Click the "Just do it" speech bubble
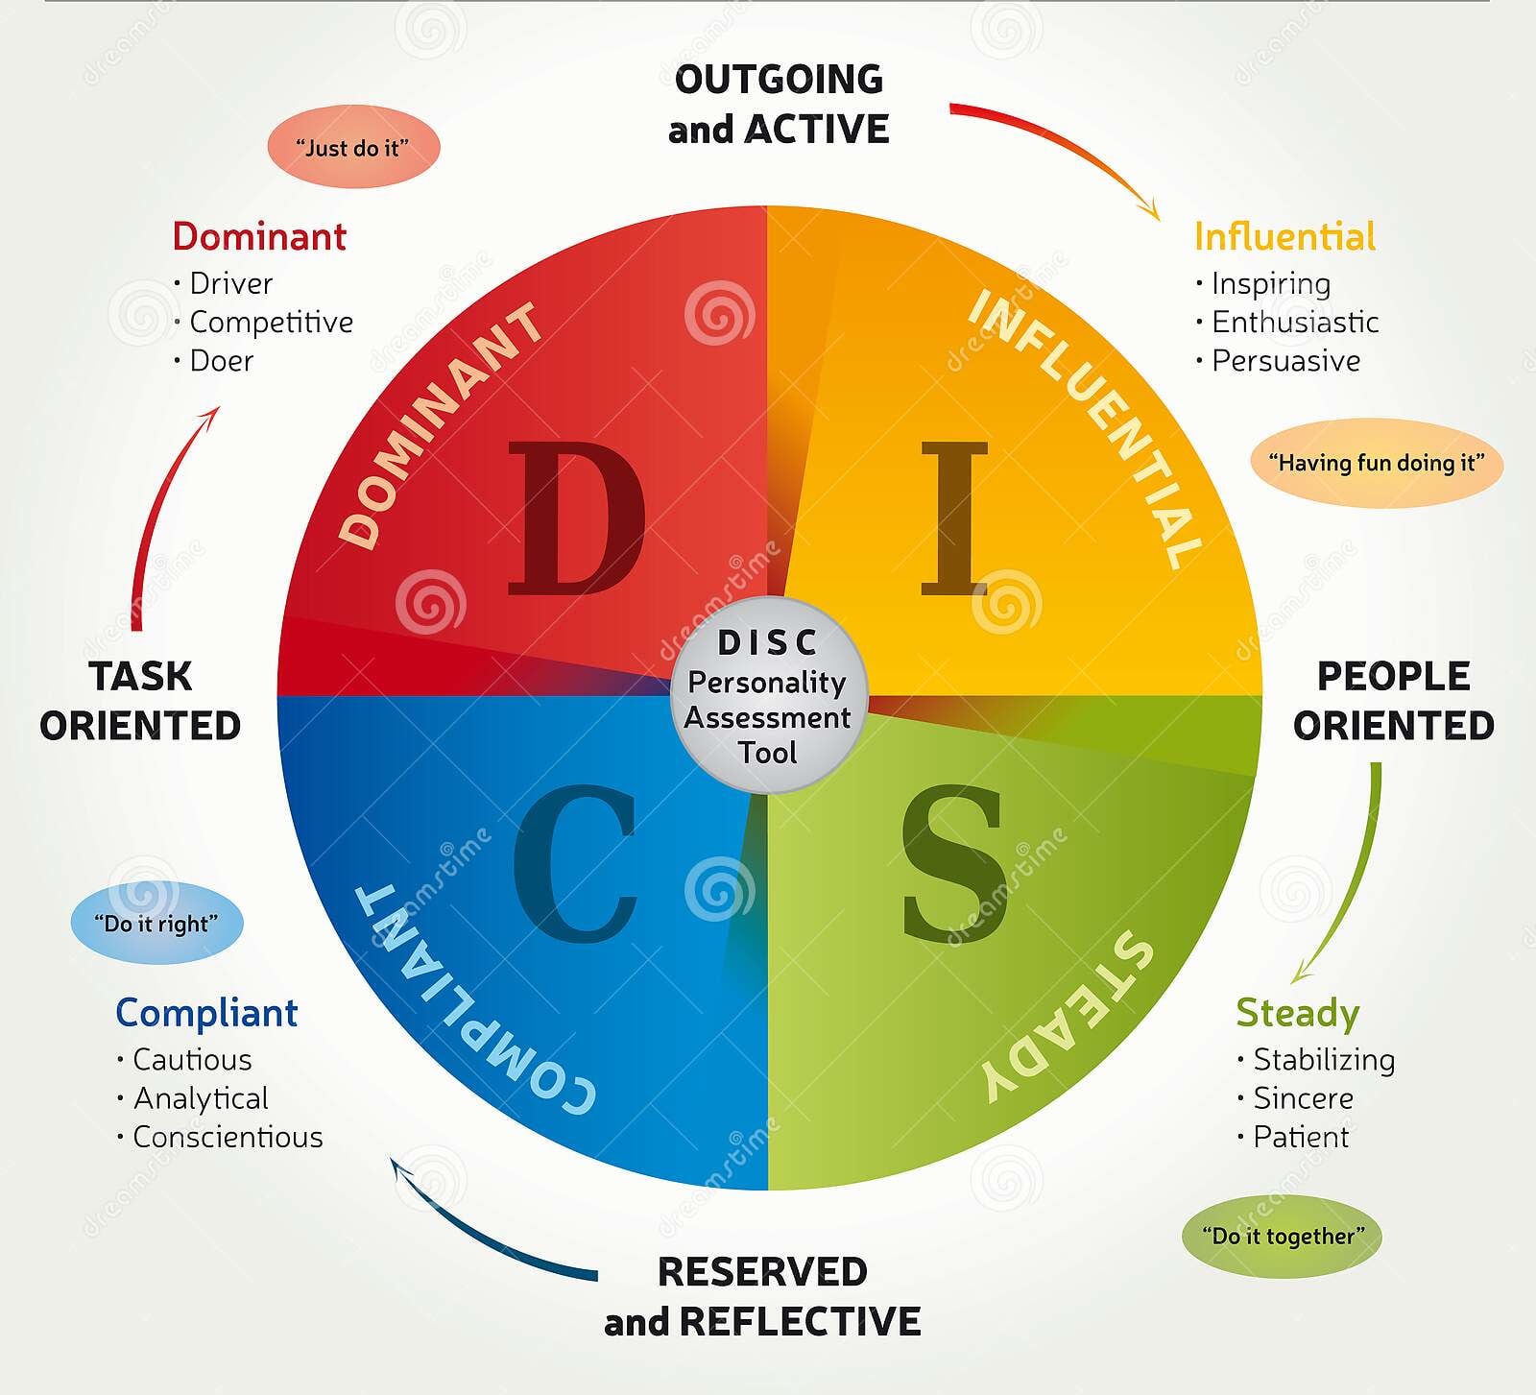pyautogui.click(x=352, y=147)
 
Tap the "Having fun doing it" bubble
pyautogui.click(x=1376, y=463)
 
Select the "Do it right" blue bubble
pyautogui.click(x=156, y=923)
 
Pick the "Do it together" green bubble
pyautogui.click(x=1282, y=1236)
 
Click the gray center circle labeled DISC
pyautogui.click(x=768, y=695)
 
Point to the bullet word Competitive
pyautogui.click(x=271, y=322)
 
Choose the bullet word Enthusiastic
pyautogui.click(x=1295, y=322)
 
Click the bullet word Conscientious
pyautogui.click(x=228, y=1137)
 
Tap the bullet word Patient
pyautogui.click(x=1301, y=1137)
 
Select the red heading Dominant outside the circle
pyautogui.click(x=259, y=236)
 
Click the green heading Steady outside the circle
pyautogui.click(x=1297, y=1013)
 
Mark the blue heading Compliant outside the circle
pyautogui.click(x=206, y=1013)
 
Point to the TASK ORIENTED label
pyautogui.click(x=140, y=701)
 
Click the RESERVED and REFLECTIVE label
pyautogui.click(x=762, y=1296)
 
